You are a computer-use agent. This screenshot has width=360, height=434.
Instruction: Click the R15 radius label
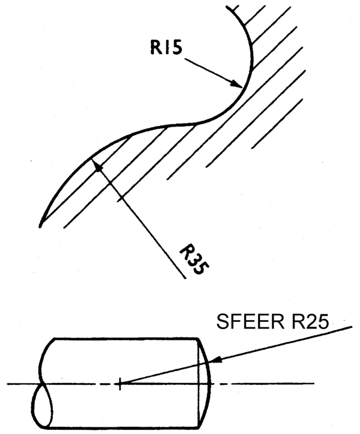[167, 47]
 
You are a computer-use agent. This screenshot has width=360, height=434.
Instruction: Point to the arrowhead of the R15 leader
[237, 83]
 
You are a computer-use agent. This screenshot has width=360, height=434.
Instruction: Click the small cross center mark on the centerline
[119, 384]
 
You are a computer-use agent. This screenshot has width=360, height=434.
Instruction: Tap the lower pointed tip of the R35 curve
[40, 227]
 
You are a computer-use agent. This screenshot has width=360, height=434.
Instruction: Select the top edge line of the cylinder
[126, 338]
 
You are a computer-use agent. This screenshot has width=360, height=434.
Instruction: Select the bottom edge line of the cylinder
[125, 428]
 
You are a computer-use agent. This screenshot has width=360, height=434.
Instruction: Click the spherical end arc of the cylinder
[210, 384]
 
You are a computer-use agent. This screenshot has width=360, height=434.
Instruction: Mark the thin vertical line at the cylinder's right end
[199, 384]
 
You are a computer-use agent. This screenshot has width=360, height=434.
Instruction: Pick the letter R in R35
[186, 251]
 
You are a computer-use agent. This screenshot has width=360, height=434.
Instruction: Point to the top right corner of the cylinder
[198, 339]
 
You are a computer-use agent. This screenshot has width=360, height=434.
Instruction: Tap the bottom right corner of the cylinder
[200, 428]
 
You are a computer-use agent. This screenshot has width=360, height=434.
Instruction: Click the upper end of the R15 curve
[227, 7]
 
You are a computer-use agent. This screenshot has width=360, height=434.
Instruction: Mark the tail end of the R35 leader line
[185, 278]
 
